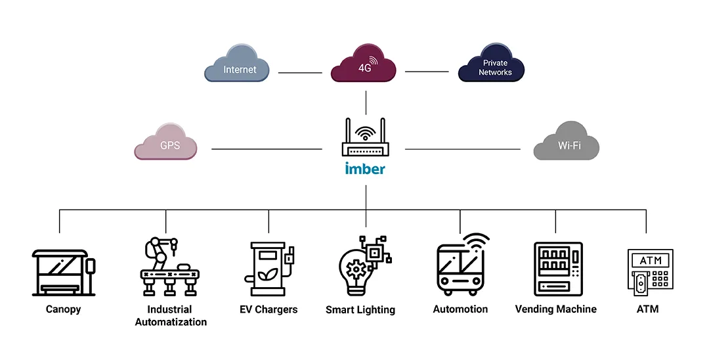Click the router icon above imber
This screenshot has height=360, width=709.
coord(365,139)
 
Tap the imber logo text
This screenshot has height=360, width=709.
coord(365,169)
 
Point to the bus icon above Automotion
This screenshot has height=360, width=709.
coord(461,266)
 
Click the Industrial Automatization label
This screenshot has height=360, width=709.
coord(171,315)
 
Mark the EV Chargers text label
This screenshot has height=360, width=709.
coord(269,309)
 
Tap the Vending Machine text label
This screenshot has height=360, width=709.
coord(555,309)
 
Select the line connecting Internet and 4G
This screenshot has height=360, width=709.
coord(300,73)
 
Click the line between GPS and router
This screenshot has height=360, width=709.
coord(267,149)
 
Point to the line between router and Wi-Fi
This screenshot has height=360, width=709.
coord(462,149)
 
